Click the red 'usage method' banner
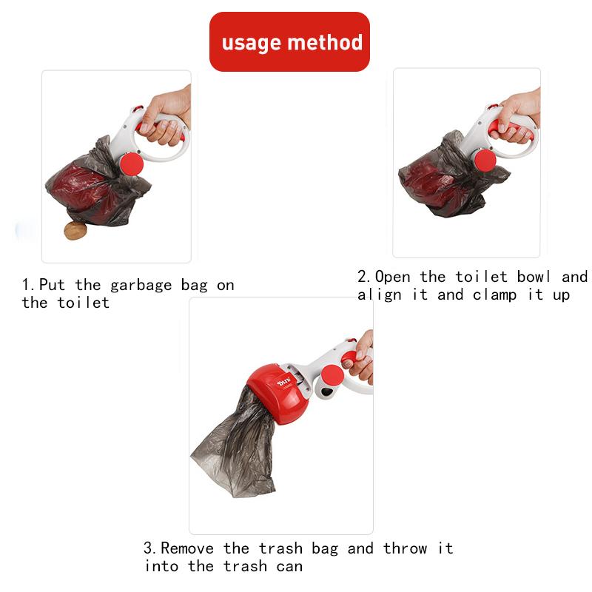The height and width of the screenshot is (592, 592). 289,41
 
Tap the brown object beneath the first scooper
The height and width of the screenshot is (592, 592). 75,231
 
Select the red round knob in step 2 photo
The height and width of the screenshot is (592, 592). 485,161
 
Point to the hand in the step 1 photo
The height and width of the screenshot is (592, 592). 164,118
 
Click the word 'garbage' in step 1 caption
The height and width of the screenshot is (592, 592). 144,285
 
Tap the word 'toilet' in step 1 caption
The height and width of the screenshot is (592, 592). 83,303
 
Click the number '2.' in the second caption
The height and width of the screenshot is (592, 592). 365,277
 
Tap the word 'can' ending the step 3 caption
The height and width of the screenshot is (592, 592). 289,566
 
